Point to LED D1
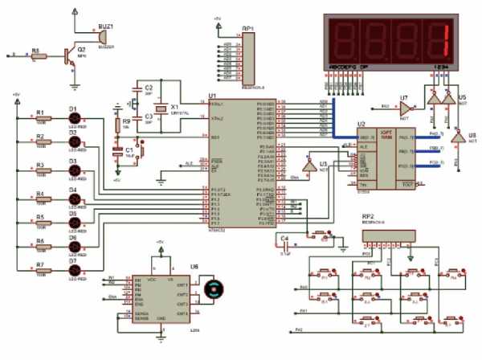coord(76,118)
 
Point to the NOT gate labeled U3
coord(312,163)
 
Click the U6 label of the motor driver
coord(194,265)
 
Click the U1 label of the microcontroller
coord(211,95)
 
